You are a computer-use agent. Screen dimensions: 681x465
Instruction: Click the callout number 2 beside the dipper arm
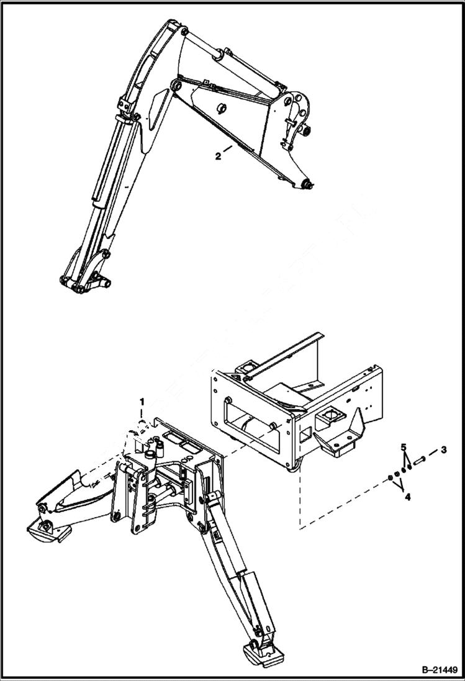218,156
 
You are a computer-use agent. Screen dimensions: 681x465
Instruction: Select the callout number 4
407,497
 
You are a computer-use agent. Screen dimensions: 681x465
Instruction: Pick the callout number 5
403,447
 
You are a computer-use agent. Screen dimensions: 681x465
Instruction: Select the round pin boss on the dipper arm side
220,109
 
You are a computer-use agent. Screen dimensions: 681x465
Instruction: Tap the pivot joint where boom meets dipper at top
176,30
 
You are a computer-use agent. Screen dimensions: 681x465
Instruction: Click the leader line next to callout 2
228,149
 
